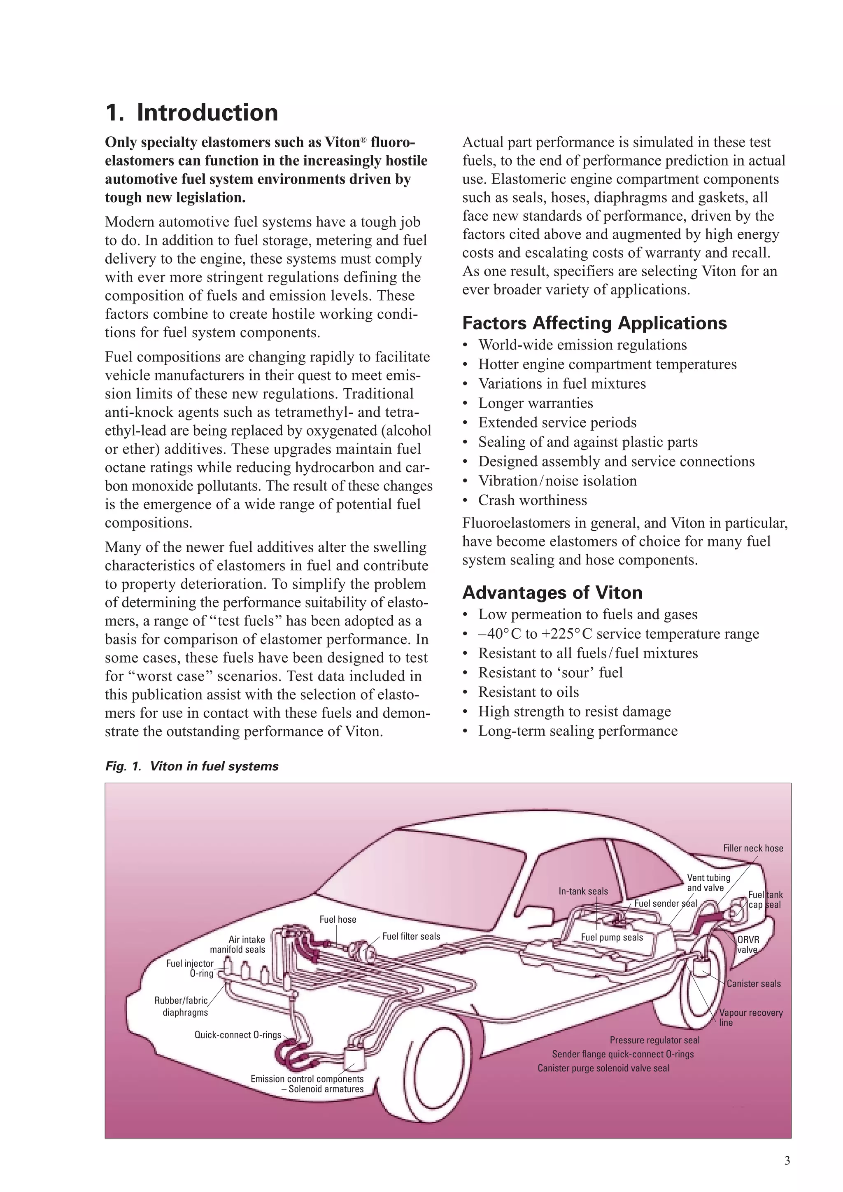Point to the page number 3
787,1161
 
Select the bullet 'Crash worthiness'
533,500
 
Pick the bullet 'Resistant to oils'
528,692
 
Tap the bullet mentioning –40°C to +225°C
618,634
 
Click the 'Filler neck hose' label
753,848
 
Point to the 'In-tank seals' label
583,891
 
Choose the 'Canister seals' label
753,984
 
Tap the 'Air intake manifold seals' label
238,945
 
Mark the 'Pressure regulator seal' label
654,1040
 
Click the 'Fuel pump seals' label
612,938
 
